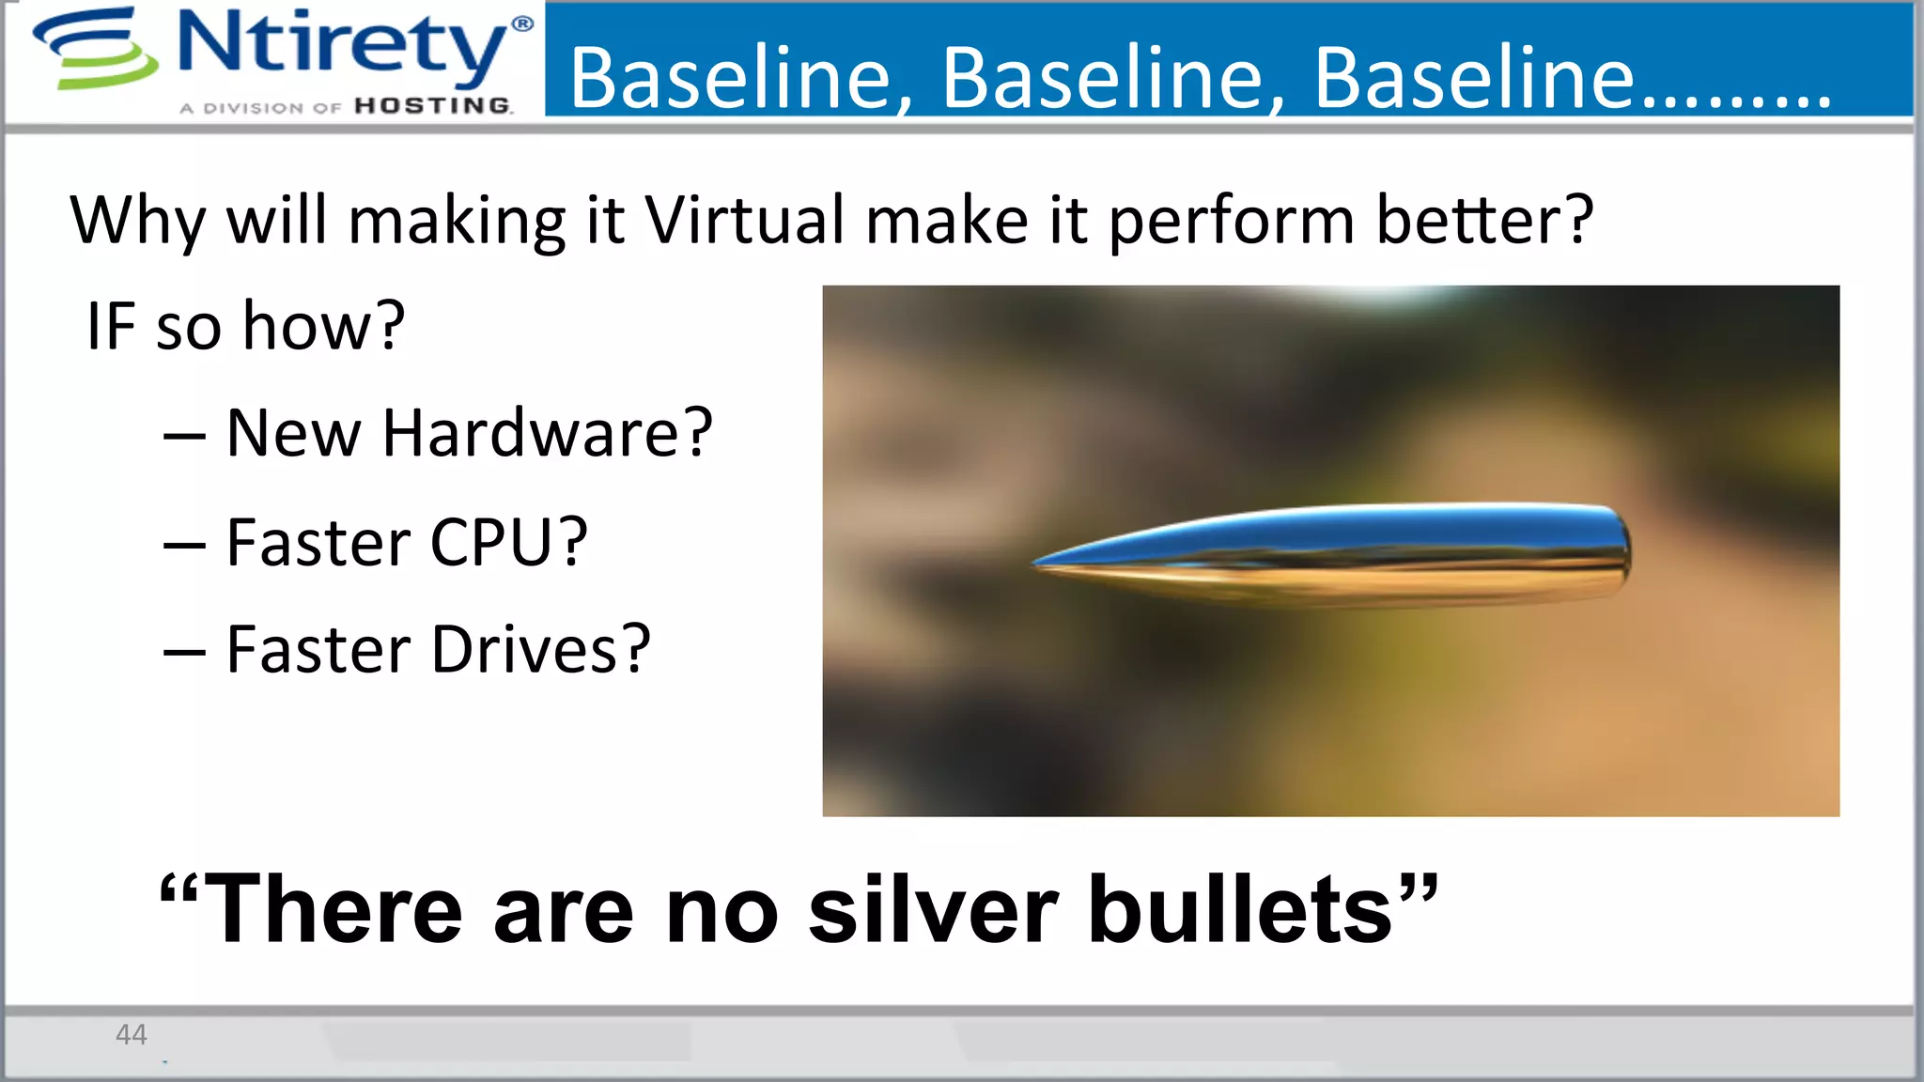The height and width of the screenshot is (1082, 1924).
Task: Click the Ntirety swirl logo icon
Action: pos(94,49)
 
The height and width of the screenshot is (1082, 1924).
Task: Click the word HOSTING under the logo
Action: pos(433,106)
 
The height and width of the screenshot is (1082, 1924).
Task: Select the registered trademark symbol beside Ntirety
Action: pos(522,23)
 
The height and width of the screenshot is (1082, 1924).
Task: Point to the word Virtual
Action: pos(745,221)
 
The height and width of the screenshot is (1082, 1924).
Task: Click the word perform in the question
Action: pos(1232,221)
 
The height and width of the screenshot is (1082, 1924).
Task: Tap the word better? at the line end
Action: pos(1485,221)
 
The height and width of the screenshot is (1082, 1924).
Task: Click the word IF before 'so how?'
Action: pos(110,326)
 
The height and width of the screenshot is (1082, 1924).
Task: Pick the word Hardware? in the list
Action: pos(548,434)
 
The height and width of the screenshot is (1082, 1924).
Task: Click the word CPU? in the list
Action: pos(508,543)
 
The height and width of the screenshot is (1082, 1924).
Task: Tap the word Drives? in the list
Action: pos(541,650)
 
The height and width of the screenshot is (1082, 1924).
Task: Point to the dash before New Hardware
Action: pos(184,437)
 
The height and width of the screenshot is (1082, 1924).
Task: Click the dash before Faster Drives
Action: pos(184,653)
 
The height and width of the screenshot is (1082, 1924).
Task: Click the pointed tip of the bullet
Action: pos(1036,564)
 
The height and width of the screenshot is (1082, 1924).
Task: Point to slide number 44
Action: pos(131,1034)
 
